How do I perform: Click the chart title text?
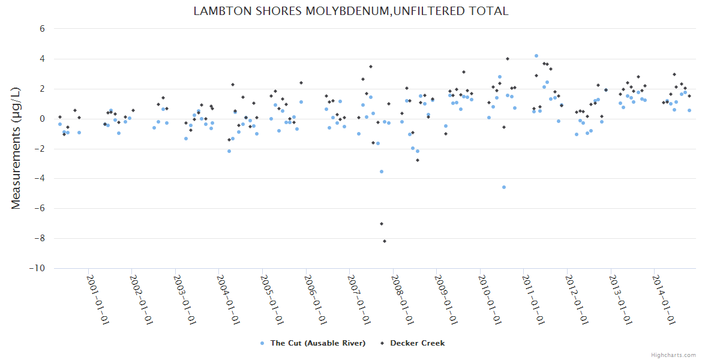click(351, 11)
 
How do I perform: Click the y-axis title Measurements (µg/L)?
click(16, 148)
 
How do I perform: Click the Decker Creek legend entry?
click(413, 343)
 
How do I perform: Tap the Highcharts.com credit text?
click(673, 355)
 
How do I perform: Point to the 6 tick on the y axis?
click(42, 29)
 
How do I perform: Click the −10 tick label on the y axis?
click(38, 268)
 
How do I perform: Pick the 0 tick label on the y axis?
click(42, 119)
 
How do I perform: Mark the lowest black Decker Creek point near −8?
click(385, 241)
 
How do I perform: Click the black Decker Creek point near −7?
click(381, 224)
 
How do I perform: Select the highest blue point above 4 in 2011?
click(536, 56)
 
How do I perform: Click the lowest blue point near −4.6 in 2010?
click(504, 187)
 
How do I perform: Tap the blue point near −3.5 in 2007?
click(381, 172)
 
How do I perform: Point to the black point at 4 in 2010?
click(508, 59)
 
